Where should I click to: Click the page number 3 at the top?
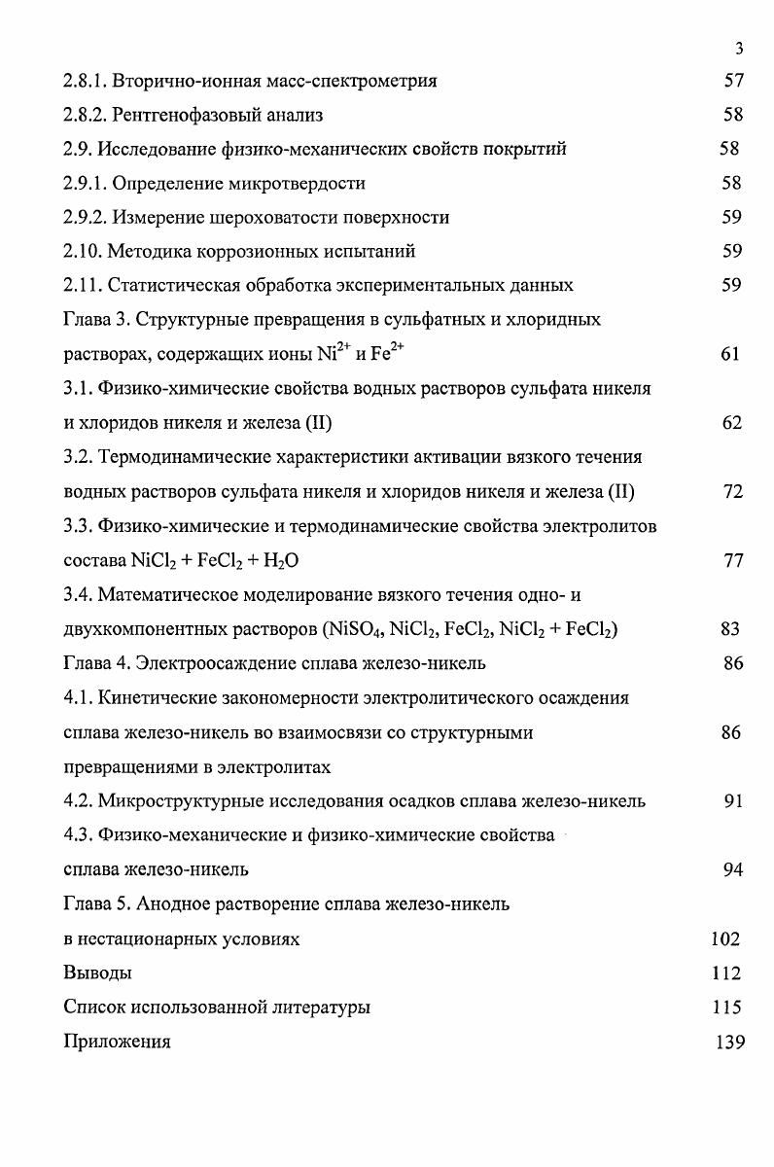(x=740, y=49)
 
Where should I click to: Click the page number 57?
(x=733, y=81)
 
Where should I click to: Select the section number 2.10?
(x=82, y=251)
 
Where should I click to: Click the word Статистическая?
(x=172, y=285)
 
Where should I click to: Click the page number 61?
(x=731, y=354)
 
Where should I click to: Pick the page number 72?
(x=733, y=492)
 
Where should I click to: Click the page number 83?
(x=731, y=629)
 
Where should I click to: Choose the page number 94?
(x=733, y=869)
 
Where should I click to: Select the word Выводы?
(x=97, y=972)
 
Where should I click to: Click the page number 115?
(x=726, y=1008)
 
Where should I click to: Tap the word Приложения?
(x=117, y=1042)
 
